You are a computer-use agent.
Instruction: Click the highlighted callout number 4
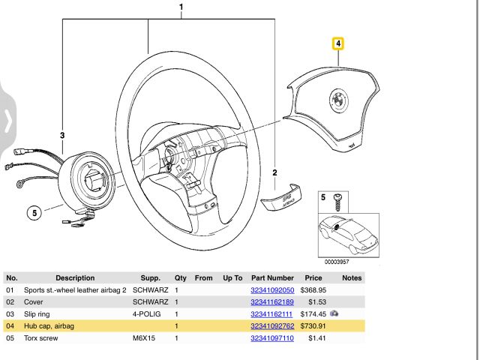pyautogui.click(x=338, y=43)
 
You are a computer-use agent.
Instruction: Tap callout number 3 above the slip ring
pyautogui.click(x=62, y=134)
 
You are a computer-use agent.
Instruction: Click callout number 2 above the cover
pyautogui.click(x=274, y=173)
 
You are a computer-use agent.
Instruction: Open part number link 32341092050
pyautogui.click(x=271, y=289)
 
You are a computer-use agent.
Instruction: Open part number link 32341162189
pyautogui.click(x=271, y=301)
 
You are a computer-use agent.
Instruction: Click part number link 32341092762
pyautogui.click(x=271, y=326)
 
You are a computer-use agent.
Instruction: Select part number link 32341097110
pyautogui.click(x=271, y=339)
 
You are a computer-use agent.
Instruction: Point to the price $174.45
pyautogui.click(x=313, y=313)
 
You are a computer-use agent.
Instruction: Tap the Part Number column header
pyautogui.click(x=272, y=277)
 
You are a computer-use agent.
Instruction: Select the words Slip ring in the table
pyautogui.click(x=40, y=313)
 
